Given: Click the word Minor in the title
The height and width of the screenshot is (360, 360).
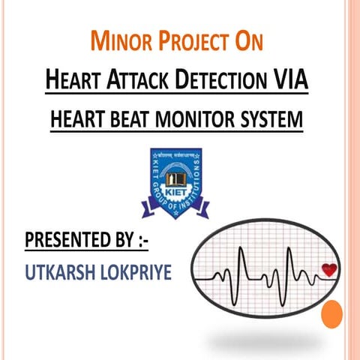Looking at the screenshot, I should click(122, 42).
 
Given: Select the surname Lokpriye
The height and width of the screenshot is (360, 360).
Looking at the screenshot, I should click(134, 271).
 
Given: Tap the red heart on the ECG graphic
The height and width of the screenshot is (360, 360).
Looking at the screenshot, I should click(328, 270).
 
